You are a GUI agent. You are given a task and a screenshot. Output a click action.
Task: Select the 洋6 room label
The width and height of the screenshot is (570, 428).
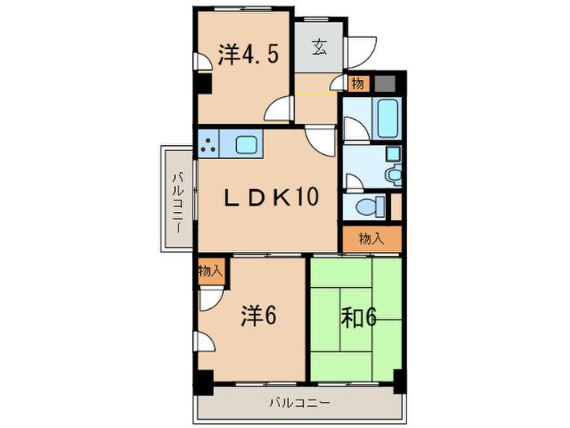(x=257, y=315)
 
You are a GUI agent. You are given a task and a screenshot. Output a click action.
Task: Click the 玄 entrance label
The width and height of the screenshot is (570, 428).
(x=318, y=45)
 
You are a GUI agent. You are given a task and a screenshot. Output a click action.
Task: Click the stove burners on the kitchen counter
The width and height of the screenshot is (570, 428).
(x=209, y=145)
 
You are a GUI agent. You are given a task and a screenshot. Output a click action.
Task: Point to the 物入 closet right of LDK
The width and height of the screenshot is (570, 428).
(x=371, y=238)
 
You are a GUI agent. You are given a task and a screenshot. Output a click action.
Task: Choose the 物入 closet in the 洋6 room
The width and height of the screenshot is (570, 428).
(x=209, y=271)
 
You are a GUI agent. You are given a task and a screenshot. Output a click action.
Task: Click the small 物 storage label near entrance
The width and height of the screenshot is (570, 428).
(x=357, y=83)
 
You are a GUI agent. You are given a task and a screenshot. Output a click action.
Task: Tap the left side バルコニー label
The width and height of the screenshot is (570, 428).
(x=176, y=199)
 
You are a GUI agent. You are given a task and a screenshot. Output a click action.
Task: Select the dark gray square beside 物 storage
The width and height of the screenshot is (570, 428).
(x=384, y=83)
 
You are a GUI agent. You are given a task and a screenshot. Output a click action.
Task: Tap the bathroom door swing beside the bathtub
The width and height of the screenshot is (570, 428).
(x=353, y=129)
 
